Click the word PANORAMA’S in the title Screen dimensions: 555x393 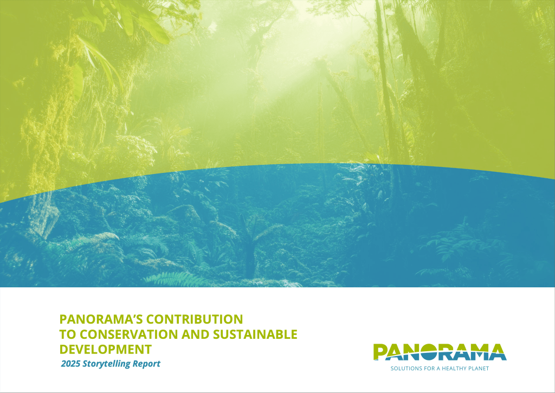(x=101, y=319)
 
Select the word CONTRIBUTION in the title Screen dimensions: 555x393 (x=195, y=319)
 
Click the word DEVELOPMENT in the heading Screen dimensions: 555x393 (x=106, y=350)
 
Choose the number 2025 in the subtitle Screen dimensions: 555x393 (x=70, y=364)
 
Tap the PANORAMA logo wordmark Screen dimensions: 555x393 (x=440, y=352)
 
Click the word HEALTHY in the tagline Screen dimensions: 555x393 (x=454, y=369)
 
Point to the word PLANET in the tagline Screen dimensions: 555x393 (x=479, y=369)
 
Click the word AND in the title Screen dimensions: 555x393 (x=195, y=334)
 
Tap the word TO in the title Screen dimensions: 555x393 (x=68, y=334)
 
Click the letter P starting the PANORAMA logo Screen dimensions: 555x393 (x=380, y=352)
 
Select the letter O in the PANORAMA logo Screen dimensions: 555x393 (x=429, y=352)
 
